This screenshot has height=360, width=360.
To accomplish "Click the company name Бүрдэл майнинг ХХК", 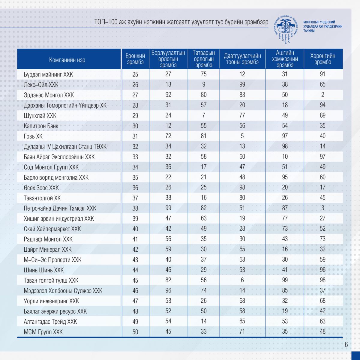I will click(48, 74).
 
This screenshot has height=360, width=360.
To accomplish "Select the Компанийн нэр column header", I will click(67, 60).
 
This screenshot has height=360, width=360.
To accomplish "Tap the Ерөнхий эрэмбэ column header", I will click(135, 59).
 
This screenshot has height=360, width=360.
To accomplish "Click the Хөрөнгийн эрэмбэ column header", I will click(323, 59).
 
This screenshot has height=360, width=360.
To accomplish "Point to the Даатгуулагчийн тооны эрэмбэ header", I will click(242, 59).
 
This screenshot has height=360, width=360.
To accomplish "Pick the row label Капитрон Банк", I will click(41, 126).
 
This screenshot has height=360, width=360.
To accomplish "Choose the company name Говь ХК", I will click(33, 136).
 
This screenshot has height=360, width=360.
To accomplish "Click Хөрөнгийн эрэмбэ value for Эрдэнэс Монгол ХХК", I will click(323, 95).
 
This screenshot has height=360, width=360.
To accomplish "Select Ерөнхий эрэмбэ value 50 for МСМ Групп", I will click(135, 332).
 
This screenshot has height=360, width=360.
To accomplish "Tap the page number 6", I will click(346, 344).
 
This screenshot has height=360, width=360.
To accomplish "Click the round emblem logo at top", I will click(286, 27).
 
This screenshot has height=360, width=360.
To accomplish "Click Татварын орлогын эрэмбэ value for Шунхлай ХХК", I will click(204, 115).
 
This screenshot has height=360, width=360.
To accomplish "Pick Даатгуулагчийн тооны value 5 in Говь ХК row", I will click(242, 136).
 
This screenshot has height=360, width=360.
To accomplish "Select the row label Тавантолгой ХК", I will click(42, 198).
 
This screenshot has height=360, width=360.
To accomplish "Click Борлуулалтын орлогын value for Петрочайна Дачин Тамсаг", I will click(168, 208).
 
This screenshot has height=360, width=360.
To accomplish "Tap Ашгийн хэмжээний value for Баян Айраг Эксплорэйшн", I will click(285, 156).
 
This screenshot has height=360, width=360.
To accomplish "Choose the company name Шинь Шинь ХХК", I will click(44, 270).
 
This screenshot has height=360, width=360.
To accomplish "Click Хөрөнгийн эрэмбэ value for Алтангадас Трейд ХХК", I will click(323, 321).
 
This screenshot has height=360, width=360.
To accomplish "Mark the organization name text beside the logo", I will click(323, 26).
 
